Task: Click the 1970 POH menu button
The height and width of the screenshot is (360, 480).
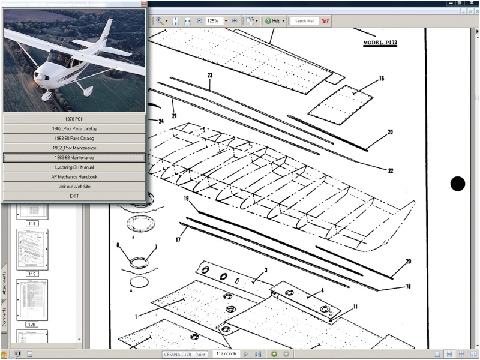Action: [x=74, y=119]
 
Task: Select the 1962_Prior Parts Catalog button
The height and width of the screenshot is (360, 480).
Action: [x=74, y=128]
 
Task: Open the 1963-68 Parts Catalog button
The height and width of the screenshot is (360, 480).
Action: [x=74, y=138]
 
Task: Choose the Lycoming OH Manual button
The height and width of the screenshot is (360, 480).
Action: [x=74, y=167]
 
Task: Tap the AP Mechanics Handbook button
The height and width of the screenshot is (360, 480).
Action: [x=74, y=176]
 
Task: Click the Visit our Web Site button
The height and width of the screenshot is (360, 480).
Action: [x=74, y=186]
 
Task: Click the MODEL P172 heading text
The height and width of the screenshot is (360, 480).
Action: [x=380, y=43]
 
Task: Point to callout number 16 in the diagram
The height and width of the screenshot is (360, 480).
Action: [x=382, y=79]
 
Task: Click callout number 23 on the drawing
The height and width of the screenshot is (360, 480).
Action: [x=210, y=76]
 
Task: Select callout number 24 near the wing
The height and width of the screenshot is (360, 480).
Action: [x=161, y=121]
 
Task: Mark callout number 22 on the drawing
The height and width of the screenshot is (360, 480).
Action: [x=391, y=171]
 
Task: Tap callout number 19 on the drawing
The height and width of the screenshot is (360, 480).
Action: [x=187, y=199]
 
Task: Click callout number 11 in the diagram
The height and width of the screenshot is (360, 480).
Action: [x=355, y=307]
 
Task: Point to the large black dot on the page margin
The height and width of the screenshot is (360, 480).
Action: [x=458, y=184]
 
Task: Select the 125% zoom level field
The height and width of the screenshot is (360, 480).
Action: [x=212, y=20]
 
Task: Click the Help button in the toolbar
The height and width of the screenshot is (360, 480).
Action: [x=275, y=21]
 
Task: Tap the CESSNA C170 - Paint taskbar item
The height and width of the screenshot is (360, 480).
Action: [x=185, y=355]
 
